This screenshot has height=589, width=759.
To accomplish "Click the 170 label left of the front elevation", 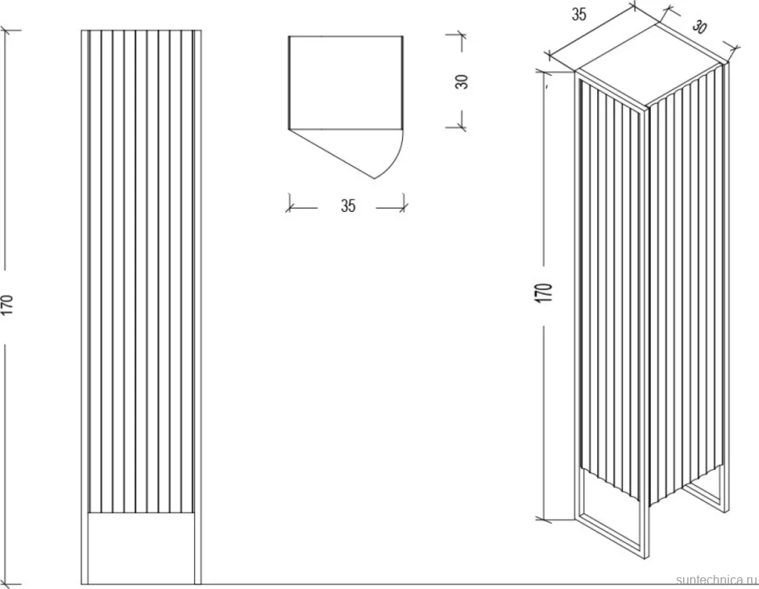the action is click(9, 305).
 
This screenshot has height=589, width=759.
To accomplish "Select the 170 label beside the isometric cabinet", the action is click(545, 293).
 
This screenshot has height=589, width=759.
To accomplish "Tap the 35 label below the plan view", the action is click(348, 206).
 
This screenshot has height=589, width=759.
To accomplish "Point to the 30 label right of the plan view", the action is click(462, 81).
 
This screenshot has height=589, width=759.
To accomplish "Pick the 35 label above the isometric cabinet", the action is click(579, 15).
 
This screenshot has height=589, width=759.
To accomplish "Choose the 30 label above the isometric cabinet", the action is click(700, 26).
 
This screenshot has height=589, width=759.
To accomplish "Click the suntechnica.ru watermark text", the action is click(716, 580).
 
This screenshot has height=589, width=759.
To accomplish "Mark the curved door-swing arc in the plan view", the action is click(394, 159).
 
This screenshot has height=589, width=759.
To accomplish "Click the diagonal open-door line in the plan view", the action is click(332, 154).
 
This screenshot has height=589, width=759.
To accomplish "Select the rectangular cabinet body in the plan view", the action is click(346, 83).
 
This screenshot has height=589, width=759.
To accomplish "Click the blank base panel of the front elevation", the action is click(141, 548).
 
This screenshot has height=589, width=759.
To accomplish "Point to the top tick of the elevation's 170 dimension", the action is click(6, 31).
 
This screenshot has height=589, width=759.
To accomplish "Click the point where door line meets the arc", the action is click(375, 178).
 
